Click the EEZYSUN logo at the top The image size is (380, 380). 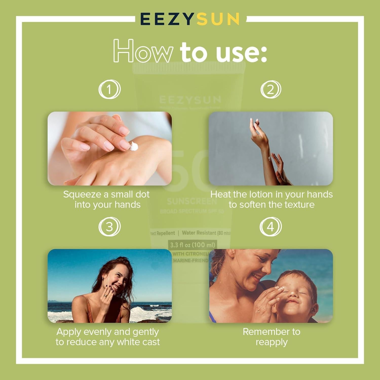click(190, 19)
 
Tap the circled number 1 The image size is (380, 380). click(109, 89)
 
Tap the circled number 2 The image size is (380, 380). click(271, 89)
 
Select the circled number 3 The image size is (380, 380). click(109, 226)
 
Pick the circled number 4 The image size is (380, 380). click(271, 226)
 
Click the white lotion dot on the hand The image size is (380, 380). click(134, 146)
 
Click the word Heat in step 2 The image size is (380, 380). click(221, 195)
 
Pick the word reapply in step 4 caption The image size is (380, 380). click(272, 342)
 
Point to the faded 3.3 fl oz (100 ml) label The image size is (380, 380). click(193, 245)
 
